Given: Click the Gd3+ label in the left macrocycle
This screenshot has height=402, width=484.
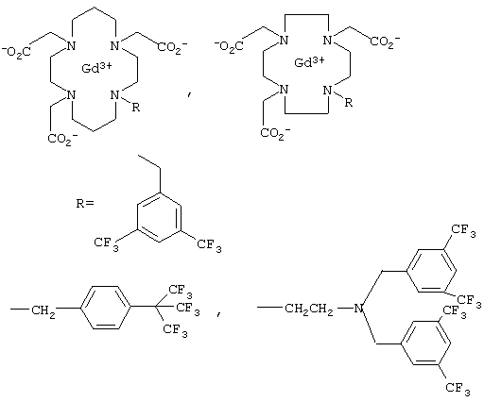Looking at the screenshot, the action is [x=96, y=67].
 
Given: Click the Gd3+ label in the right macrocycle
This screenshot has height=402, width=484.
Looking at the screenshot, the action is [x=309, y=61].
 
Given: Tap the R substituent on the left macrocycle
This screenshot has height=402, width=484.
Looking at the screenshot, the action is [x=135, y=108].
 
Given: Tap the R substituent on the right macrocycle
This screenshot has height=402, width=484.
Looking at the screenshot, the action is [x=348, y=102].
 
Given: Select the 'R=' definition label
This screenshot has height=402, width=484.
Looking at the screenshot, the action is [x=85, y=203].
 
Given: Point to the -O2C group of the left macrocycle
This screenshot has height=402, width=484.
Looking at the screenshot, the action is [x=16, y=52].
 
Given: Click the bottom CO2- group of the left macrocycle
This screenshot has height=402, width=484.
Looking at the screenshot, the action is [x=62, y=140].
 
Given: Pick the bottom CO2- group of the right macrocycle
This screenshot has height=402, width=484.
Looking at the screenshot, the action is [x=275, y=133].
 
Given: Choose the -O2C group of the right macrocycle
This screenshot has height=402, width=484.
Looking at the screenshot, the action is [x=229, y=46].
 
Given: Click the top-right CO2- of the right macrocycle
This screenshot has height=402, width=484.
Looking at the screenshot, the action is [x=385, y=42].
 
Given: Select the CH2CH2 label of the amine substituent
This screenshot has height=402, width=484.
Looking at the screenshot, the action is [x=309, y=310].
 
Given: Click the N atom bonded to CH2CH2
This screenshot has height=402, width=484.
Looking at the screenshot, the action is [x=358, y=309].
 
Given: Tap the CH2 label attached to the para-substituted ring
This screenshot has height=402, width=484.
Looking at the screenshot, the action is [x=43, y=311].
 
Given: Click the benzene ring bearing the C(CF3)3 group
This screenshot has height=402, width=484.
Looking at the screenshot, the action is [x=106, y=308].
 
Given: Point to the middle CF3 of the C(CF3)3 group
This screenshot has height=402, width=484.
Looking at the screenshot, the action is [x=188, y=308].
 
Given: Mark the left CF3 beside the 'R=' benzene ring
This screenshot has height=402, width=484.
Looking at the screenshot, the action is [x=106, y=244].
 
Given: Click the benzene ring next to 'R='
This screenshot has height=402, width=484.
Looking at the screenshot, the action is [x=159, y=217].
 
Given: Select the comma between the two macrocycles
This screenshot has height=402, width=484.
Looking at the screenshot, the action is [x=189, y=94].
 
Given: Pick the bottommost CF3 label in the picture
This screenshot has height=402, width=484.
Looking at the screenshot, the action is [x=458, y=389].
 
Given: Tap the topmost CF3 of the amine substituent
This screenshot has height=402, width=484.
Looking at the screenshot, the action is [x=463, y=230].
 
